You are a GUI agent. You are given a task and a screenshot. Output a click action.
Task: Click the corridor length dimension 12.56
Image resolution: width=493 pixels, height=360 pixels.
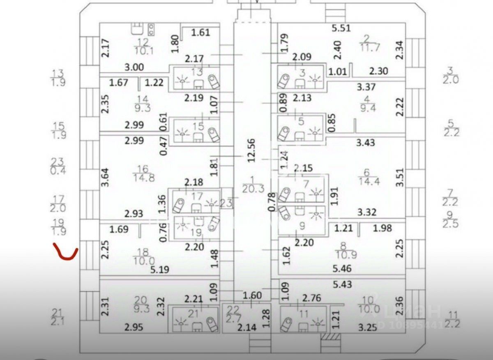pos(252,150)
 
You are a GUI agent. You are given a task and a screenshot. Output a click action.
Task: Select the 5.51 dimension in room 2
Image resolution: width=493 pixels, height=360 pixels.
pos(341,28)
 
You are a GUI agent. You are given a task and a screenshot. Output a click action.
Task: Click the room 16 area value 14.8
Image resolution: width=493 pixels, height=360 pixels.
pos(143,178)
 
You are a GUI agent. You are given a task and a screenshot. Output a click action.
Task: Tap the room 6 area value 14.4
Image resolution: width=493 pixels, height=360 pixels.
pos(369,181)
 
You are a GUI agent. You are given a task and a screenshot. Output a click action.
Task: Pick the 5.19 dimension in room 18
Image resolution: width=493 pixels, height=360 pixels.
pos(159,270)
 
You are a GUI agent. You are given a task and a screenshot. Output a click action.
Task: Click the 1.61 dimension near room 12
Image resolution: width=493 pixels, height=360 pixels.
pos(201,33)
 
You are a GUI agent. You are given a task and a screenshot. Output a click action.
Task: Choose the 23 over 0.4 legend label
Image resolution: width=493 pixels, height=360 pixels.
pos(58,166)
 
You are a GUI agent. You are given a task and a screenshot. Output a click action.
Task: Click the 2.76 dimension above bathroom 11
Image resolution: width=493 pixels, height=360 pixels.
pos(311,297)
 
